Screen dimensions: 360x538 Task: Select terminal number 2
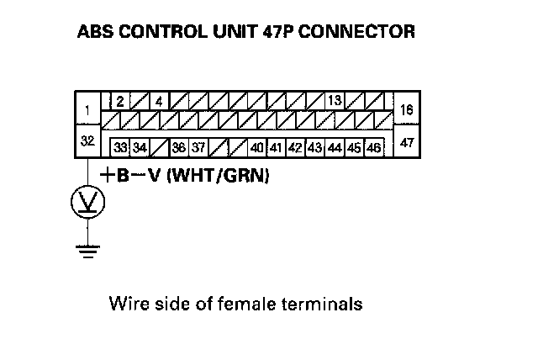point(120,101)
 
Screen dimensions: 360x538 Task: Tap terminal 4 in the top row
point(157,101)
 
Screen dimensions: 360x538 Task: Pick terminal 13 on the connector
point(334,101)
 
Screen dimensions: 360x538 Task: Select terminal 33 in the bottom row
point(120,147)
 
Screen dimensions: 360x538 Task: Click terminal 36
point(178,147)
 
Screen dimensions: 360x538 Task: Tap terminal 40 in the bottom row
point(257,147)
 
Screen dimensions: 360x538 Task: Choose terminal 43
point(315,147)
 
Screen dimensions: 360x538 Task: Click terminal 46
point(374,147)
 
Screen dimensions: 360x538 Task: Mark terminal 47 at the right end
point(406,142)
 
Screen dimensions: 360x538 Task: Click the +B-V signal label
point(132,177)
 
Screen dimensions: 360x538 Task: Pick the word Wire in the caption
point(126,302)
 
